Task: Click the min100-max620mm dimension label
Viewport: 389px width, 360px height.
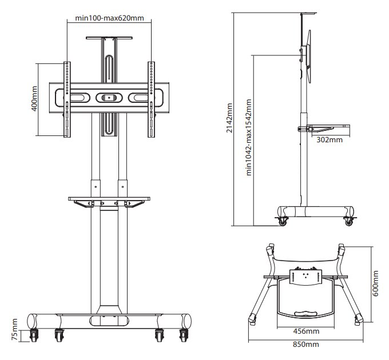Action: (109, 18)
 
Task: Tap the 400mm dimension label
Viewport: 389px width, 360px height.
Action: (34, 98)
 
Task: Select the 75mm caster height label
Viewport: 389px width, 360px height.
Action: (14, 330)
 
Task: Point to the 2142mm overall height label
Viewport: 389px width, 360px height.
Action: (229, 118)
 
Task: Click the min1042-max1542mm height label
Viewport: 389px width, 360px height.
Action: (249, 137)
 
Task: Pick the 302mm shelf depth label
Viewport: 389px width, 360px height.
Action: (330, 140)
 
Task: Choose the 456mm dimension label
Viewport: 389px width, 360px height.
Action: (306, 331)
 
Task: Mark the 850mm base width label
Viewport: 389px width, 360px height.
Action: (306, 345)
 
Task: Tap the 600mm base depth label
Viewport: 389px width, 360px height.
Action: (375, 283)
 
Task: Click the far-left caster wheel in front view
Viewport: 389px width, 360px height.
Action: (34, 335)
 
